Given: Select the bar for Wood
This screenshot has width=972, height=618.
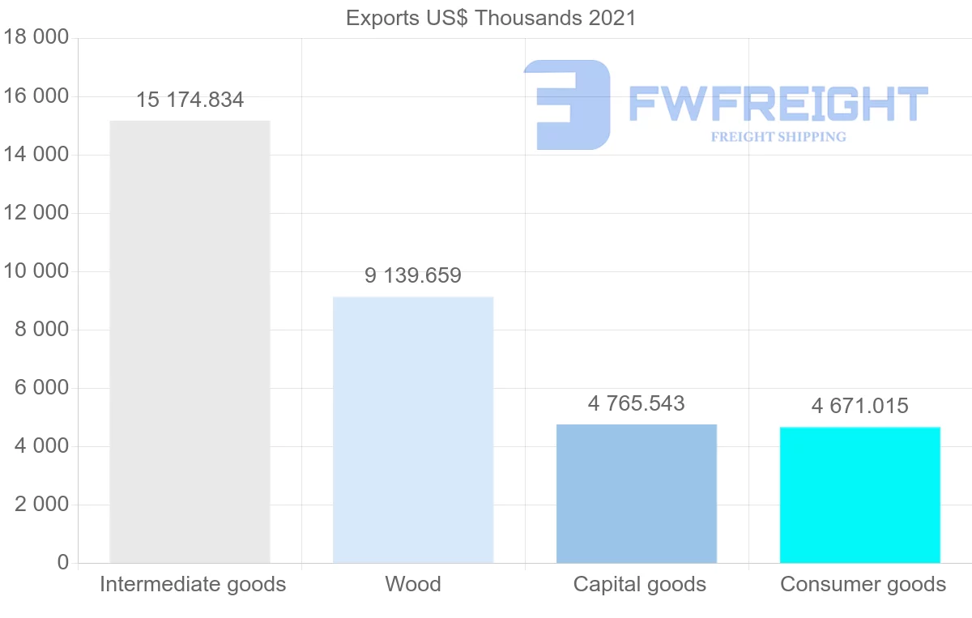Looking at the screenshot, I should (413, 430).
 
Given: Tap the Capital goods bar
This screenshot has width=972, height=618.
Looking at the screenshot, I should (637, 493).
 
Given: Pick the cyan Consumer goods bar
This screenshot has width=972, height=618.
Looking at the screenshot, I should (860, 495).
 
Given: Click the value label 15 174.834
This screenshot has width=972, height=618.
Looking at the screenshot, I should (190, 100).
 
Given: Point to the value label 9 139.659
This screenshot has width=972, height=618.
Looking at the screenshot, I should (413, 276).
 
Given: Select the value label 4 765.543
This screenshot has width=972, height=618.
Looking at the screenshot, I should (637, 403).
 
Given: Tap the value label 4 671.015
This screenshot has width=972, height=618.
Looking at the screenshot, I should (860, 406).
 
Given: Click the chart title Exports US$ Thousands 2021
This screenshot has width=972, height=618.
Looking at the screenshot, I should (491, 18).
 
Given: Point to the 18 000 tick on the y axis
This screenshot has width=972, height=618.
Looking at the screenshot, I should (36, 38).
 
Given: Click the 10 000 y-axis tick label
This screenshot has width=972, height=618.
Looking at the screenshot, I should (36, 271).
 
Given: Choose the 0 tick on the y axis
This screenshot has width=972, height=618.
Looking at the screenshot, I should (63, 563).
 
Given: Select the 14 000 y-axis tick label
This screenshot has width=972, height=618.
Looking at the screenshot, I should (36, 155).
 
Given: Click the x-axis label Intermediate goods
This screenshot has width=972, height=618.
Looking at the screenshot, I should (193, 584).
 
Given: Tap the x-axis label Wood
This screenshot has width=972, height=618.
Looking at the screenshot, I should (413, 584).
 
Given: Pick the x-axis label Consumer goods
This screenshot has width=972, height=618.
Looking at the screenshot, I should (863, 584).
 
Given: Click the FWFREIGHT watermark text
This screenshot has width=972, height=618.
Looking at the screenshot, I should (778, 104).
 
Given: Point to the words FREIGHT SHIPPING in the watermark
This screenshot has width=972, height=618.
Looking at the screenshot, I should (778, 137).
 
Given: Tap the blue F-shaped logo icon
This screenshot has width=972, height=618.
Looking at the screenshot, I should (566, 104).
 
